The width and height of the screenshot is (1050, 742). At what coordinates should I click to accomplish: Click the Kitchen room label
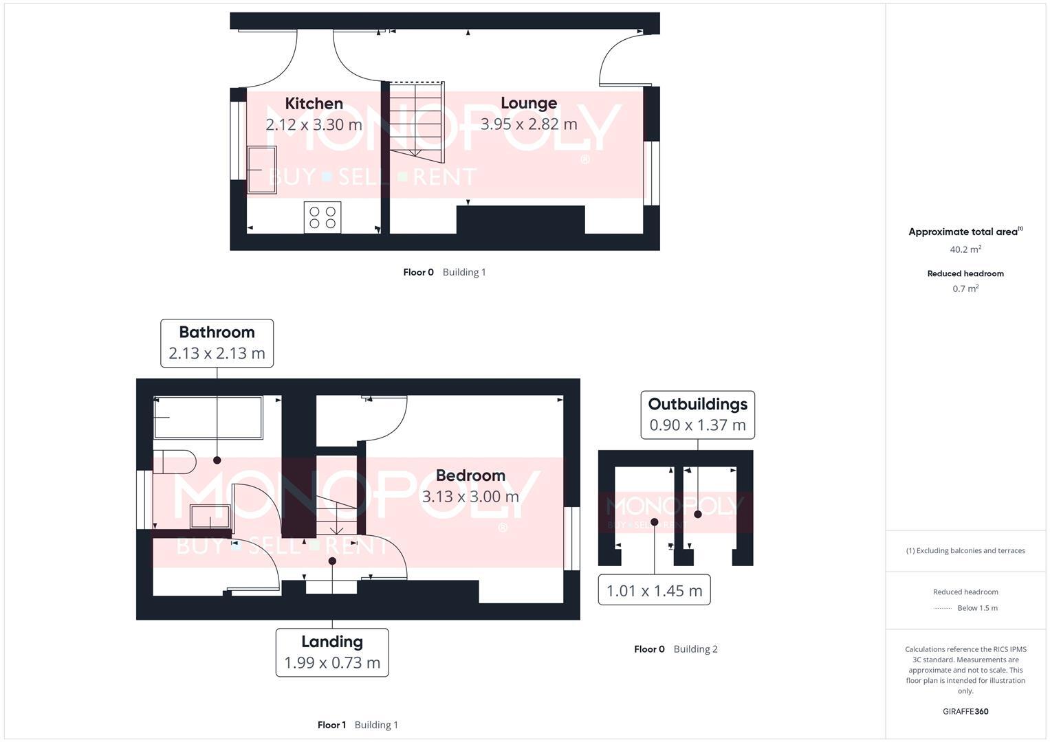314,104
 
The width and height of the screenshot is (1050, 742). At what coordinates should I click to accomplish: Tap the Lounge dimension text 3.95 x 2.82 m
528,124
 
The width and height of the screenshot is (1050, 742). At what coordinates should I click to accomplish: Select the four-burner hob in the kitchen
322,217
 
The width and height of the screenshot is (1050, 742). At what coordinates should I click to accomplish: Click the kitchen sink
261,170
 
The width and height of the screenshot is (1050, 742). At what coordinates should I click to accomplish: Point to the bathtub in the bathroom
208,417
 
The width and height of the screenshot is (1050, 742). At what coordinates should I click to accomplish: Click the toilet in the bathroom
173,462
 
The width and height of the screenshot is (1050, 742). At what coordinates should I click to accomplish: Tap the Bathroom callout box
217,343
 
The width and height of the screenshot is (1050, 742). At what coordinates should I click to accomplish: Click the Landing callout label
332,652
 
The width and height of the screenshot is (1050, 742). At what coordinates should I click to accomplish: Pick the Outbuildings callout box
697,414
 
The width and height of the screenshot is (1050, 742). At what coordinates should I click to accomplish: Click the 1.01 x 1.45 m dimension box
654,590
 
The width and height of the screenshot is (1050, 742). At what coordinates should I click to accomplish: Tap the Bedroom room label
470,475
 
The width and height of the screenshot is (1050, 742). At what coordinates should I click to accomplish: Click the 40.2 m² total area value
965,249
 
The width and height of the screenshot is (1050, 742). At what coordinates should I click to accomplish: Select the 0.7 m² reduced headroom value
965,289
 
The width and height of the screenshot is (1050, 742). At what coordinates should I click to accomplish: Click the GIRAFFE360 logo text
965,711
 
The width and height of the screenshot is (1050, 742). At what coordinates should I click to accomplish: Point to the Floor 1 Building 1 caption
358,725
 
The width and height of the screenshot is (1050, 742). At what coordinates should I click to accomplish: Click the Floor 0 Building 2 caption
675,649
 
